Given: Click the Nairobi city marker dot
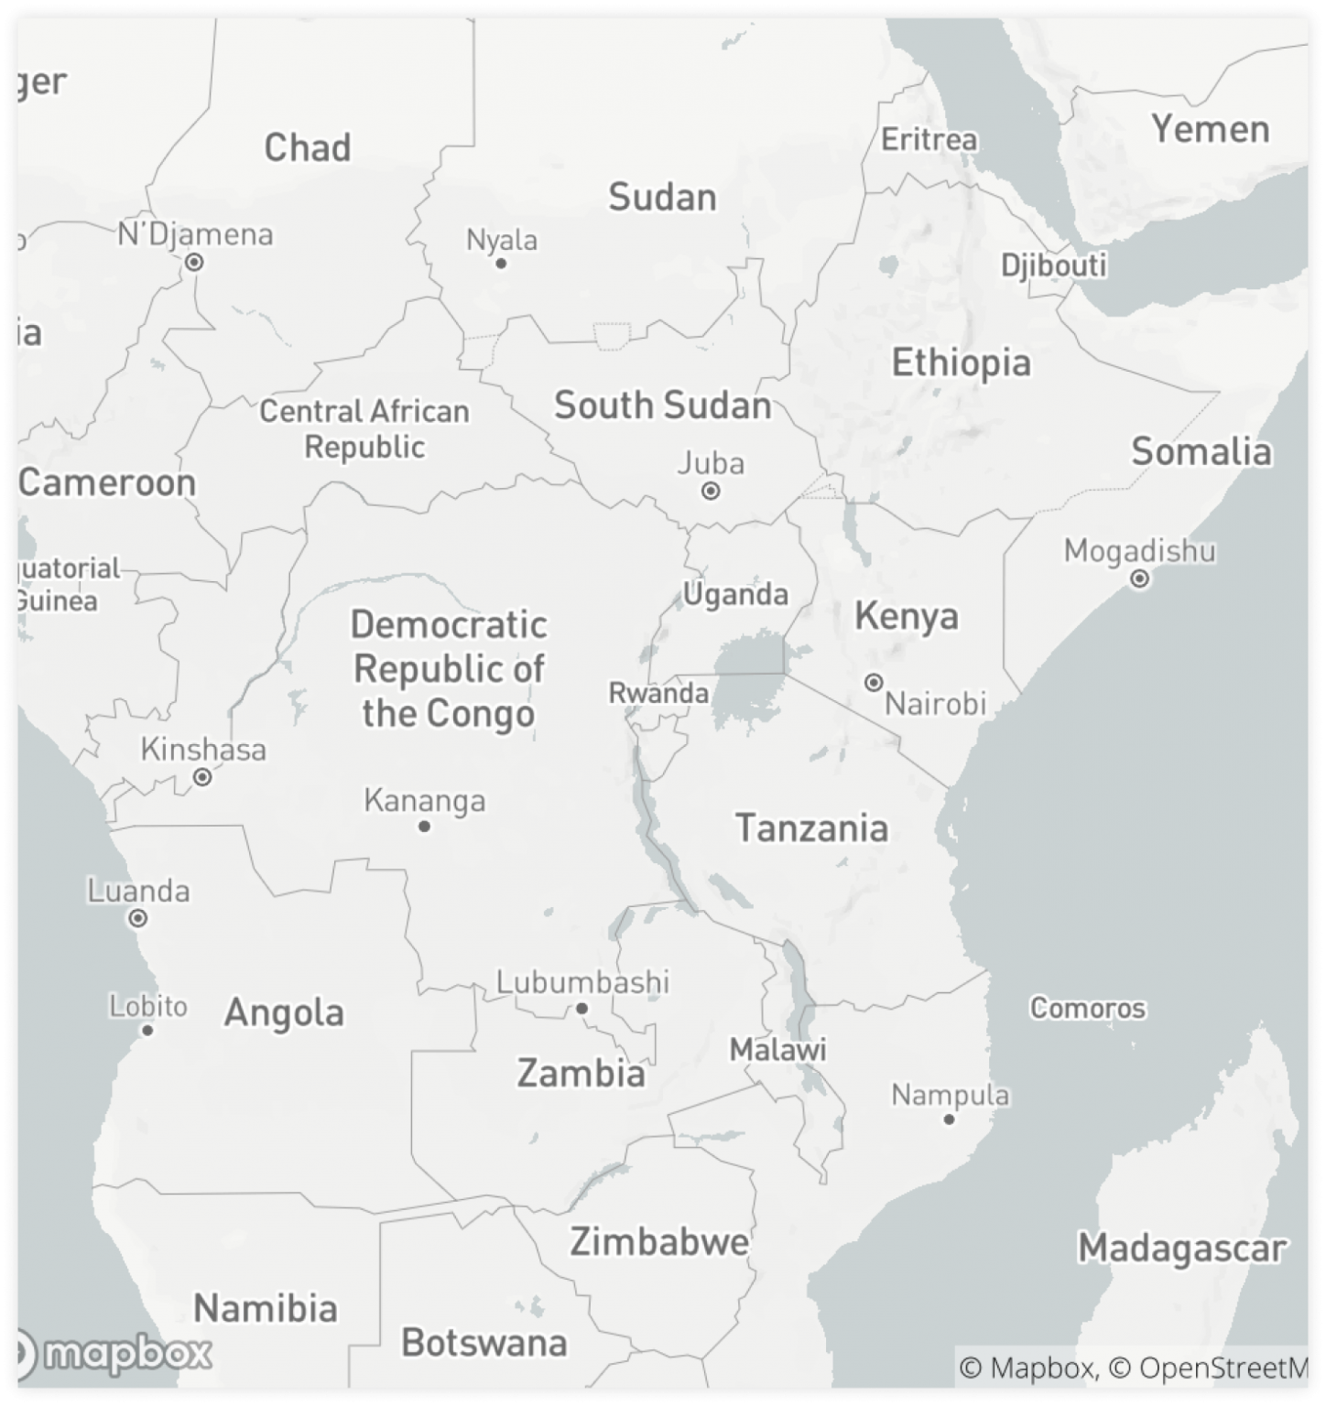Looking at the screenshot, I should pos(874,682).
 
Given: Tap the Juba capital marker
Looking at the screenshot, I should pos(711,491).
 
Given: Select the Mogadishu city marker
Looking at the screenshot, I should pos(1140,579).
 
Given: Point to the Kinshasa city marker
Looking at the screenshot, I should pos(202,777).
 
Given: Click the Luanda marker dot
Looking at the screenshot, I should pos(138,917).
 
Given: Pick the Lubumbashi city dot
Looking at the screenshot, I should pos(581,1009).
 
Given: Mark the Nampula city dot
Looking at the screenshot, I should pos(950,1119).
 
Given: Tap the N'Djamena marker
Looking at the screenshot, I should pos(194,263).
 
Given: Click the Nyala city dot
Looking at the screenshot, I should pos(501,264).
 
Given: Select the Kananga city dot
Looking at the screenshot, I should pos(424,826).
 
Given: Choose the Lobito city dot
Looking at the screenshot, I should pos(147,1030).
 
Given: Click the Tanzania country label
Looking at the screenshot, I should pos(811,827).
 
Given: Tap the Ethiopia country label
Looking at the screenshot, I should pos(961,362).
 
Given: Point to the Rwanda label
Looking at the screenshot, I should pos(658,693).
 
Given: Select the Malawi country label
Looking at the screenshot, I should pos(777,1049).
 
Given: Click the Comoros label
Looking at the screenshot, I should pos(1087,1008).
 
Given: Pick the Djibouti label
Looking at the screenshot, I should pos(1053,265).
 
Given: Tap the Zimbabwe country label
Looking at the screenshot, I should pos(658,1242).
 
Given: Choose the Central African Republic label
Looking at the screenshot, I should pos(364,428).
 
